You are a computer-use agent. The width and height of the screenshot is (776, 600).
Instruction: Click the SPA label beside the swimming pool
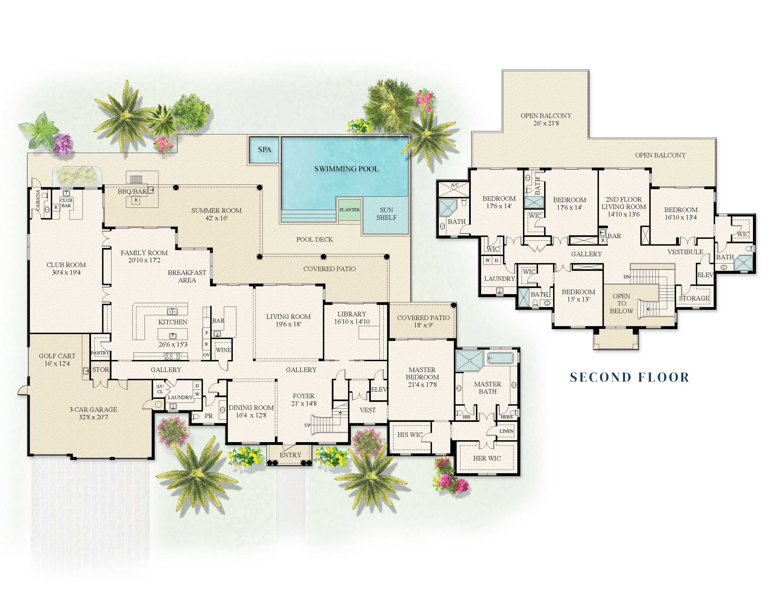264,150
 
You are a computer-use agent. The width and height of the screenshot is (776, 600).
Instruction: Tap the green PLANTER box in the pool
349,210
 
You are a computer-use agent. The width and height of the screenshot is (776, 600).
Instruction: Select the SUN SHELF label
386,214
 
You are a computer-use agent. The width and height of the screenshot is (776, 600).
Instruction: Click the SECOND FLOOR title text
629,377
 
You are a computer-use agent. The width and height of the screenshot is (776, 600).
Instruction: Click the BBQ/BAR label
132,192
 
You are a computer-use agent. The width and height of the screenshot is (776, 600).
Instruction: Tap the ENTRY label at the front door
290,455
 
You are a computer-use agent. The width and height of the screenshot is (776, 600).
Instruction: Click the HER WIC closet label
487,458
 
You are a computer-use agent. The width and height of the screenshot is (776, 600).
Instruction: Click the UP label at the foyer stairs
307,425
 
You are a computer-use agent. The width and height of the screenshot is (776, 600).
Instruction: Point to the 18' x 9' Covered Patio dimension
423,325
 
